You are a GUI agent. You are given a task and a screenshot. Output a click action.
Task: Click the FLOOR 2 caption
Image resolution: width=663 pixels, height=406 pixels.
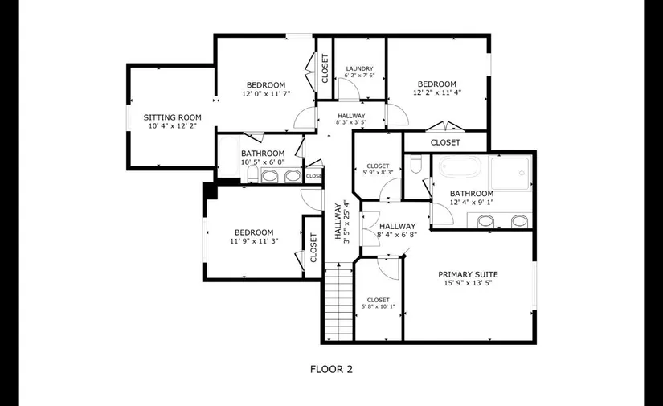point(331,369)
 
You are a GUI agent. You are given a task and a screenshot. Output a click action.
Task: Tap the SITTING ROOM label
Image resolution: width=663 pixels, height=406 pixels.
point(172,117)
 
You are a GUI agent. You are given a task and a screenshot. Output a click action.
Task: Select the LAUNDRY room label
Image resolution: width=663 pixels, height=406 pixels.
point(359,68)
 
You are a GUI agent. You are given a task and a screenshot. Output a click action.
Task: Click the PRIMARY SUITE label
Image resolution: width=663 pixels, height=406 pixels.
point(468,274)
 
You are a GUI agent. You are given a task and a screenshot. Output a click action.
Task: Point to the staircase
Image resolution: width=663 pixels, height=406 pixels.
point(338,301)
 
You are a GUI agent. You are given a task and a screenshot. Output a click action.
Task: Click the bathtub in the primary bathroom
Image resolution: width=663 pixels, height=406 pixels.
point(460,166)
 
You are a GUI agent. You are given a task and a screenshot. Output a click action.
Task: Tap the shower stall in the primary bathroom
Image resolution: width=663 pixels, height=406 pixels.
point(511,173)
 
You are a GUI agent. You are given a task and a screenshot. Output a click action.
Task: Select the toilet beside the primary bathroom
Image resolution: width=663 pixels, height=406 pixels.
point(416,164)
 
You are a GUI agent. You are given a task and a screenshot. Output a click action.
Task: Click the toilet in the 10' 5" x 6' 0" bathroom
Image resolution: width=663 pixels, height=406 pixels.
point(253,174)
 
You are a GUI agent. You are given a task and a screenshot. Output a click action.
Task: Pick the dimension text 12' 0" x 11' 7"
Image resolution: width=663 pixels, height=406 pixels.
point(266,94)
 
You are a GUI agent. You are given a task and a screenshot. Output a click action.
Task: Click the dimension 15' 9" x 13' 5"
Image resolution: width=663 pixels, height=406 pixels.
point(468,283)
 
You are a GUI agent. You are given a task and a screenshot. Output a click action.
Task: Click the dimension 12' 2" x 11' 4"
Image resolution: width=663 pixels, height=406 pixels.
point(437,92)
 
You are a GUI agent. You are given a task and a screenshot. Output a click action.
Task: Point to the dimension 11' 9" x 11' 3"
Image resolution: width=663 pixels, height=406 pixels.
point(254,241)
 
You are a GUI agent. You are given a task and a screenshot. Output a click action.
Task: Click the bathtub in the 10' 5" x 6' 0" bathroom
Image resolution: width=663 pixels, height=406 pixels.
point(229,157)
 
